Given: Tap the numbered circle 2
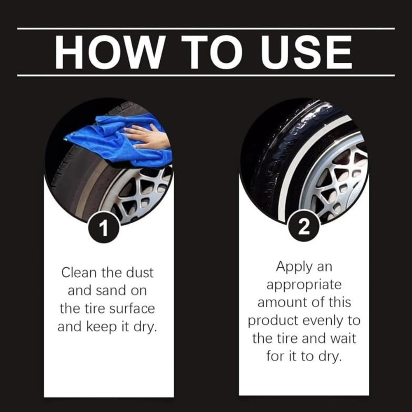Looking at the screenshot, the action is [x=304, y=227].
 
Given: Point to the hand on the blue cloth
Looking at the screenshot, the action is [x=147, y=135].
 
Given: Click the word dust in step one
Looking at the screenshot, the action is [x=140, y=273].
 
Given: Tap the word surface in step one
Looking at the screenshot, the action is [x=132, y=309].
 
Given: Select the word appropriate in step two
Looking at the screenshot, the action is [x=304, y=285].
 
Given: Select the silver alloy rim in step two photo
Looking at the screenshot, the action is [x=339, y=179].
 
